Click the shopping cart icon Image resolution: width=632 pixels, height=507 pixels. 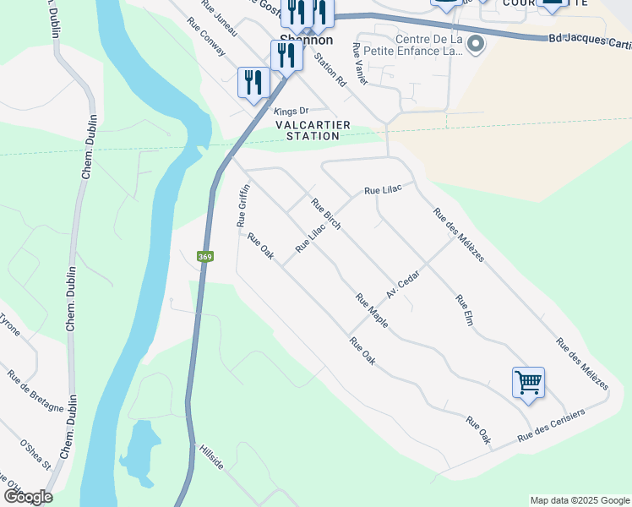point(528,382)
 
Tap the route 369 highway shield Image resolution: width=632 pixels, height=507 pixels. point(204,256)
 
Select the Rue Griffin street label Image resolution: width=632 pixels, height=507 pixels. point(242,206)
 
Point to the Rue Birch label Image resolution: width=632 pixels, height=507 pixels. point(325,215)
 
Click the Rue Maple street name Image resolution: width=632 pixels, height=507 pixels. point(371,311)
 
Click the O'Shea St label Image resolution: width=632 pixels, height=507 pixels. point(35,454)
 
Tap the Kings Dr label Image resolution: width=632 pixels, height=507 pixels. point(291,111)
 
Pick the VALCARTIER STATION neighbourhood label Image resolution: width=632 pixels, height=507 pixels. point(313,130)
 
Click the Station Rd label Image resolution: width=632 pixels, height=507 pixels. point(330,71)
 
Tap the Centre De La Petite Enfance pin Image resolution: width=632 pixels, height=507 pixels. point(476,44)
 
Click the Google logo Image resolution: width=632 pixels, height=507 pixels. point(27,497)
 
